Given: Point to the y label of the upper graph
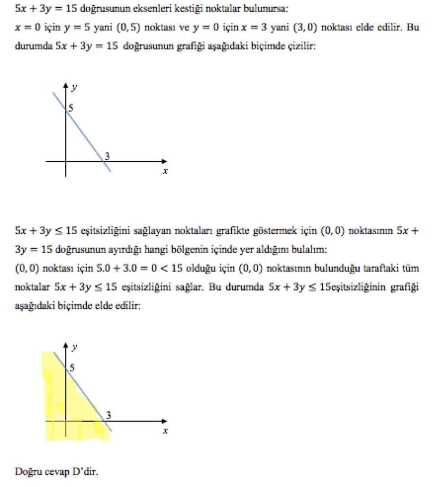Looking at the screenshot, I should pos(74,88).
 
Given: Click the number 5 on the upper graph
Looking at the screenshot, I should pos(71,109).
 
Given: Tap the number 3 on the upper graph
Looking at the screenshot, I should pos(108,156).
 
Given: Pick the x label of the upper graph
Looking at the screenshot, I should pos(165,172).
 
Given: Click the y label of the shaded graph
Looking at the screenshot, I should pos(74,348).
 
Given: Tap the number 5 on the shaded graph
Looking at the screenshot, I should pos(72,368).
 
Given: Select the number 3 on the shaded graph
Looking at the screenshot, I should pos(109,415).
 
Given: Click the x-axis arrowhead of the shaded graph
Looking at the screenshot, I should pos(164,421).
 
